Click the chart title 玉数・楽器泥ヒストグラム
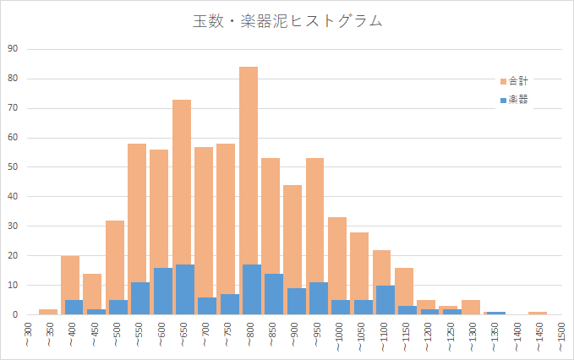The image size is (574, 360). (x=287, y=21)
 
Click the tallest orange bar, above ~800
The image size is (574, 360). (x=249, y=169)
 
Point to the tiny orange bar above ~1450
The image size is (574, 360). (x=538, y=313)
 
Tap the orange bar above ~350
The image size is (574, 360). (x=48, y=312)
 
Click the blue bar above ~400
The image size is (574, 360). (x=74, y=308)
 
